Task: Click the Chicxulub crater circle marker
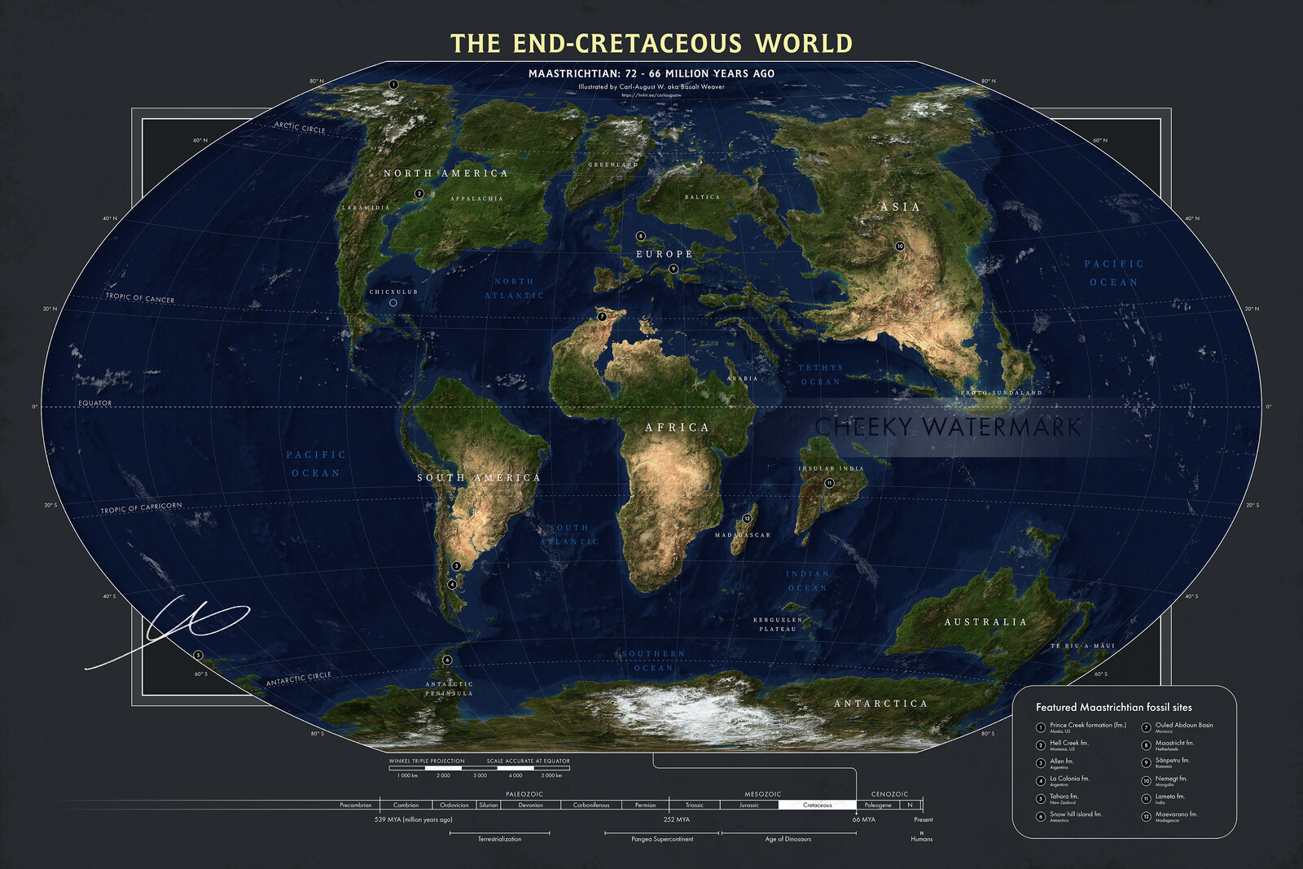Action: coord(393,302)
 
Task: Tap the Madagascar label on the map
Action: coord(742,535)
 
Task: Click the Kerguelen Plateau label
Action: coord(778,624)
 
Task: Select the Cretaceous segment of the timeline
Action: coord(817,805)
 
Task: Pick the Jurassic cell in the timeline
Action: coord(749,805)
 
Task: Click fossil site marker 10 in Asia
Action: coord(900,246)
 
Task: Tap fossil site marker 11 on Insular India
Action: coord(829,483)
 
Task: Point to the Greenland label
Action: coord(613,165)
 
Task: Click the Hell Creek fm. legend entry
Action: coord(1068,743)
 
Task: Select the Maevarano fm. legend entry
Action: coord(1176,814)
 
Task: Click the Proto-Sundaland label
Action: coord(1001,393)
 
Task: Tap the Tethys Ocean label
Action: coord(820,375)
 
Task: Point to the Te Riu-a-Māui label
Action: coord(1082,646)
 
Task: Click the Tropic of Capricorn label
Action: coord(141,507)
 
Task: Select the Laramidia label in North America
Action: coord(366,208)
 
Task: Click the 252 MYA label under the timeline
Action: coord(676,819)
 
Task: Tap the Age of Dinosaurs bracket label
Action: coord(788,839)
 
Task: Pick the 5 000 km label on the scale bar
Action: coord(551,775)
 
